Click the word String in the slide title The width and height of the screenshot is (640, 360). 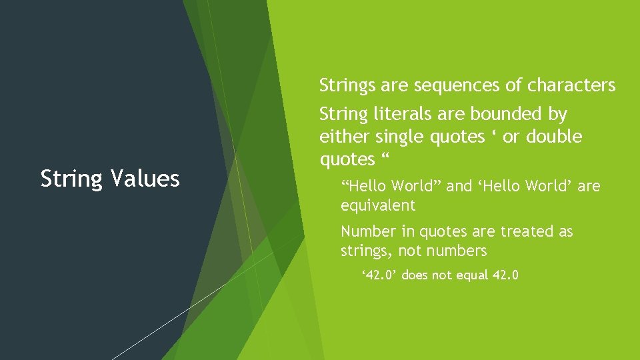pos(68,179)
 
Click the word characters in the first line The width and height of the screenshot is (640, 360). pos(571,85)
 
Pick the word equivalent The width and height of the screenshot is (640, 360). pos(378,205)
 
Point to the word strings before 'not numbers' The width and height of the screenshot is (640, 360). pos(364,251)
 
